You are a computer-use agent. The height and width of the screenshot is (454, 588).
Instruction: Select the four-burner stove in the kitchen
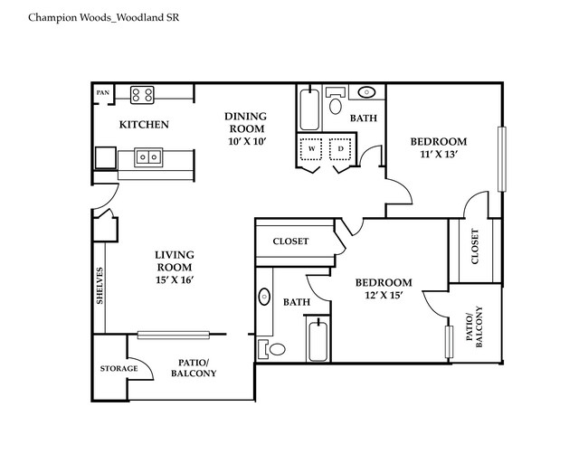pyautogui.click(x=142, y=93)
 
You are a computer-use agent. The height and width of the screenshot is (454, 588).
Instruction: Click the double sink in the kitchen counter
pyautogui.click(x=148, y=157)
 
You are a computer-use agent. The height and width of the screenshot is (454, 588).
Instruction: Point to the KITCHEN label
pyautogui.click(x=145, y=125)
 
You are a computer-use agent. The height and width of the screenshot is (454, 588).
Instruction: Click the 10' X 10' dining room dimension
pyautogui.click(x=245, y=142)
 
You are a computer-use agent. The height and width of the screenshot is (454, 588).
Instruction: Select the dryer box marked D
pyautogui.click(x=341, y=147)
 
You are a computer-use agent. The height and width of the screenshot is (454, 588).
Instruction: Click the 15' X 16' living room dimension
pyautogui.click(x=175, y=280)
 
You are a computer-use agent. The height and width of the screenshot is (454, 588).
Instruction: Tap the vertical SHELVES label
pyautogui.click(x=100, y=287)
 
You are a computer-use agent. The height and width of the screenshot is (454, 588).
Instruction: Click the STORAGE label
pyautogui.click(x=119, y=369)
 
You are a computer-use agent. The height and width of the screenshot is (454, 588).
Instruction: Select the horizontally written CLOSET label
pyautogui.click(x=289, y=241)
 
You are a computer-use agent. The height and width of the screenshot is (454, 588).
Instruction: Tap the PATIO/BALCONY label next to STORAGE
pyautogui.click(x=193, y=366)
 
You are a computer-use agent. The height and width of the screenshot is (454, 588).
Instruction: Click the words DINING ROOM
pyautogui.click(x=245, y=122)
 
